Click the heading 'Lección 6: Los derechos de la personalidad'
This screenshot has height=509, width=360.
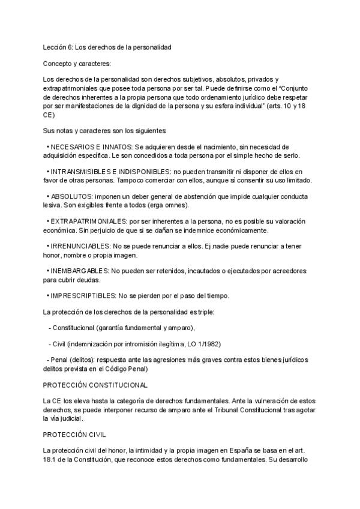pyautogui.click(x=107, y=47)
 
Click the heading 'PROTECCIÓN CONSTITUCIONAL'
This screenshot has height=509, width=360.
pyautogui.click(x=95, y=384)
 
